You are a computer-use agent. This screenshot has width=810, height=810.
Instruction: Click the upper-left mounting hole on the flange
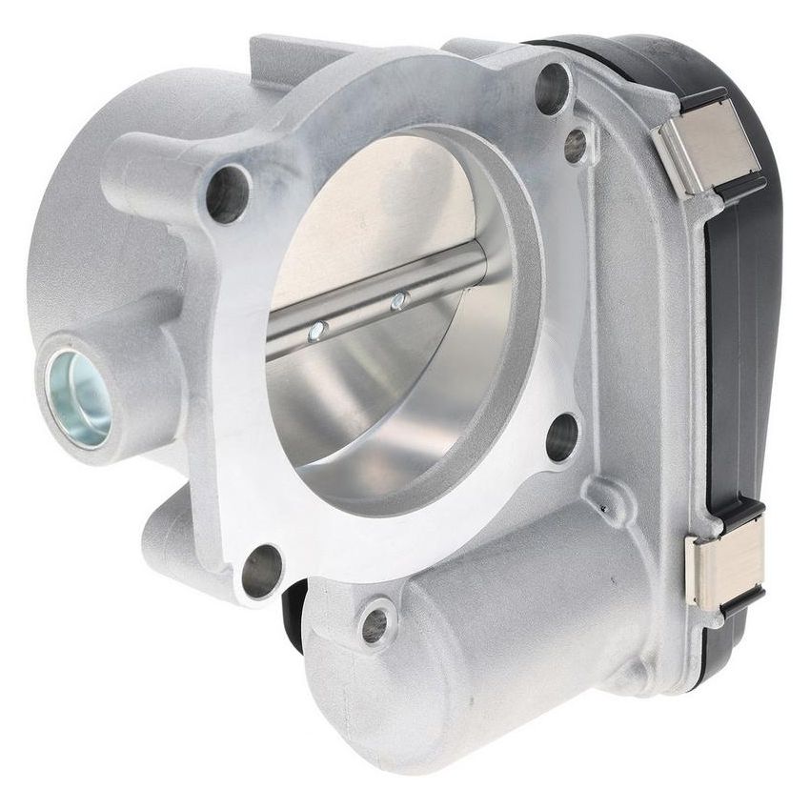[x=227, y=194]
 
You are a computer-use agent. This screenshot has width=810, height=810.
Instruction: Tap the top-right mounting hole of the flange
[x=552, y=89]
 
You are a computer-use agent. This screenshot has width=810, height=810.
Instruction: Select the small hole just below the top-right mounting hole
[x=575, y=146]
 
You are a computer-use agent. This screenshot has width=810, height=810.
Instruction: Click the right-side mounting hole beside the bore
[x=562, y=437]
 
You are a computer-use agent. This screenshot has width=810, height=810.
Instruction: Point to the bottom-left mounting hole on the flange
[x=262, y=571]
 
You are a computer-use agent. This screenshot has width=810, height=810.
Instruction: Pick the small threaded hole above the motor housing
[x=375, y=624]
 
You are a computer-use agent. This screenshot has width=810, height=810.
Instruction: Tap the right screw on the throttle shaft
[x=399, y=301]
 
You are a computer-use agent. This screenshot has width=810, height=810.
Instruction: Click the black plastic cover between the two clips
[x=739, y=362]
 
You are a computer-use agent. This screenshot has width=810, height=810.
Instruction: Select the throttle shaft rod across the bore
[x=381, y=295]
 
